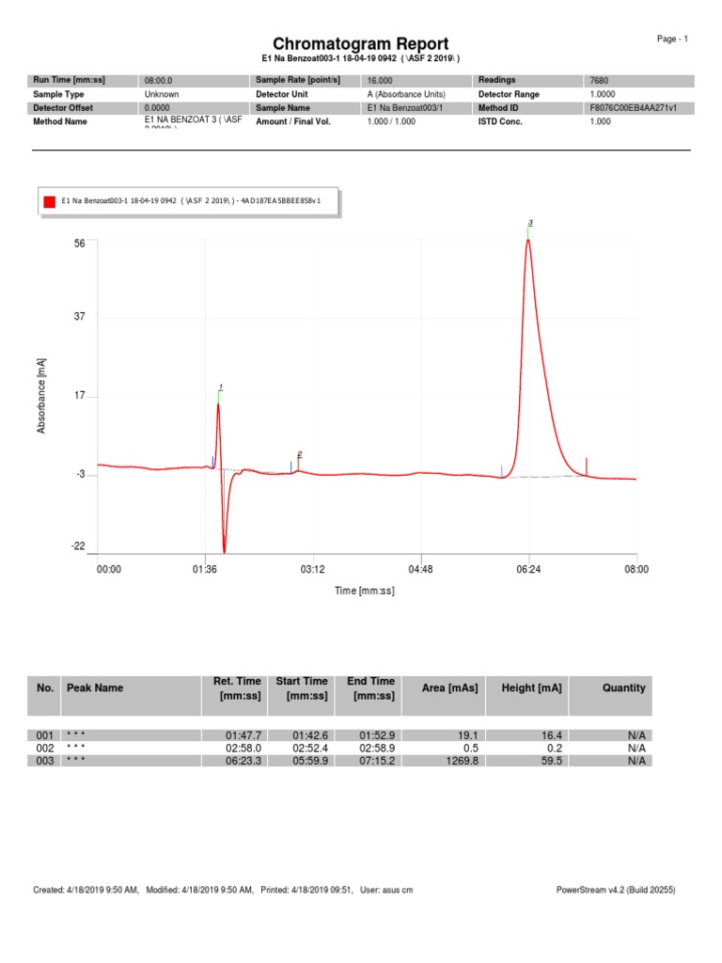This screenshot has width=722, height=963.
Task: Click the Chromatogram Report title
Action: [360, 44]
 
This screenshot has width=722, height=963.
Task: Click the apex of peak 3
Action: [528, 240]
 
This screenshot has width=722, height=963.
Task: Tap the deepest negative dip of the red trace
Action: [224, 552]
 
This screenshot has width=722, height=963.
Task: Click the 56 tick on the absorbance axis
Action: [79, 244]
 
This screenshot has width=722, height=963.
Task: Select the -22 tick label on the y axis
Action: [78, 546]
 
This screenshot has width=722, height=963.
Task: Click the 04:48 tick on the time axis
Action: [420, 569]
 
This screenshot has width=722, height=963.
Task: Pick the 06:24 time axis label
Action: [528, 569]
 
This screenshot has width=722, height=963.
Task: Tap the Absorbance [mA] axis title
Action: [41, 395]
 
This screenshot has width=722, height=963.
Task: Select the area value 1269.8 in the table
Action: [462, 761]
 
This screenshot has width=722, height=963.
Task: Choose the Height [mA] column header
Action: [531, 687]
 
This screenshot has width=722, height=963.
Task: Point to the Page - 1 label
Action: [673, 39]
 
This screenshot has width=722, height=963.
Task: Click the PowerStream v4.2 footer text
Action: [616, 890]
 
